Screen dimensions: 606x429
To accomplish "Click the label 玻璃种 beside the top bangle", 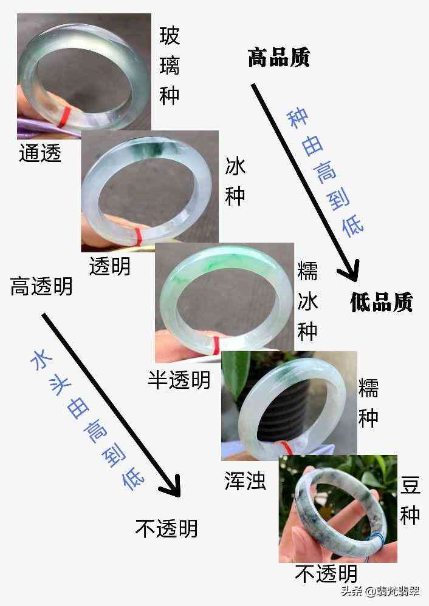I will tap(170, 66).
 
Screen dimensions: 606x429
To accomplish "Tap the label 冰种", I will tap(235, 181).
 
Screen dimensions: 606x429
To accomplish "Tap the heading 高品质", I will tap(279, 58).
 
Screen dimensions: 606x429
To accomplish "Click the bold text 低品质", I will tap(381, 301).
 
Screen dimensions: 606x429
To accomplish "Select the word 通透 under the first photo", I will tap(40, 153).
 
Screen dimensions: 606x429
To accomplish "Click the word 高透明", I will tap(41, 286).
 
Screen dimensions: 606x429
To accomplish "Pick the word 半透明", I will tap(179, 380).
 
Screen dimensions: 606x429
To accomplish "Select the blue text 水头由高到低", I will tap(88, 419).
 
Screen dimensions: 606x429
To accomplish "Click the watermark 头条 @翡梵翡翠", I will tap(379, 591).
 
